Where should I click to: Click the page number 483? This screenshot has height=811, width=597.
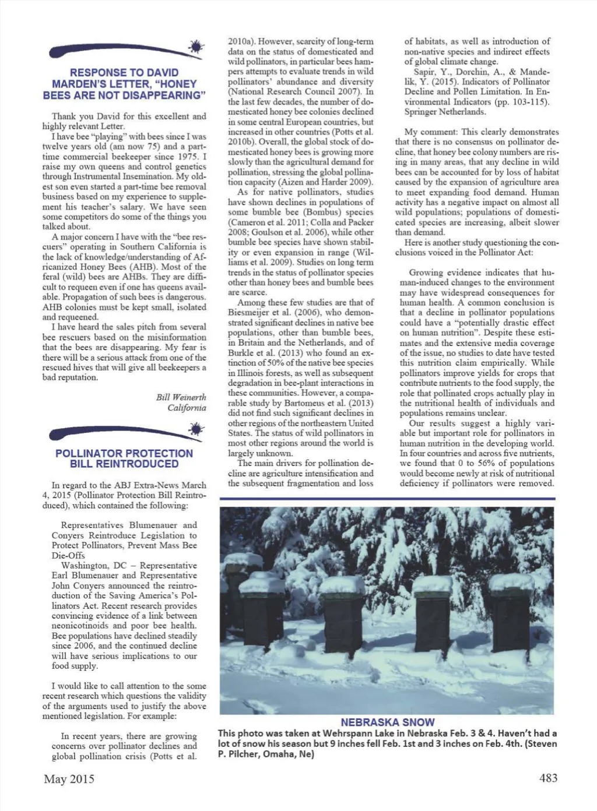pyautogui.click(x=548, y=778)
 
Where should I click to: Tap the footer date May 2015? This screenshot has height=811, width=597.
pyautogui.click(x=69, y=779)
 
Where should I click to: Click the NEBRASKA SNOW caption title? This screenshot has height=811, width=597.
pyautogui.click(x=388, y=722)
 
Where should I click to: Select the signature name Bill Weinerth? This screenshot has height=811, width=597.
pyautogui.click(x=181, y=397)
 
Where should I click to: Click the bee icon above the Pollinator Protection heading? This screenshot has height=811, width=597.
pyautogui.click(x=196, y=429)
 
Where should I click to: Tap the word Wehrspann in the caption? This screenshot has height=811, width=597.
pyautogui.click(x=335, y=734)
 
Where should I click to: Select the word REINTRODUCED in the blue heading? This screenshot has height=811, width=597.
pyautogui.click(x=124, y=464)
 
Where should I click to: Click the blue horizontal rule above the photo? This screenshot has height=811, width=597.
pyautogui.click(x=387, y=499)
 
